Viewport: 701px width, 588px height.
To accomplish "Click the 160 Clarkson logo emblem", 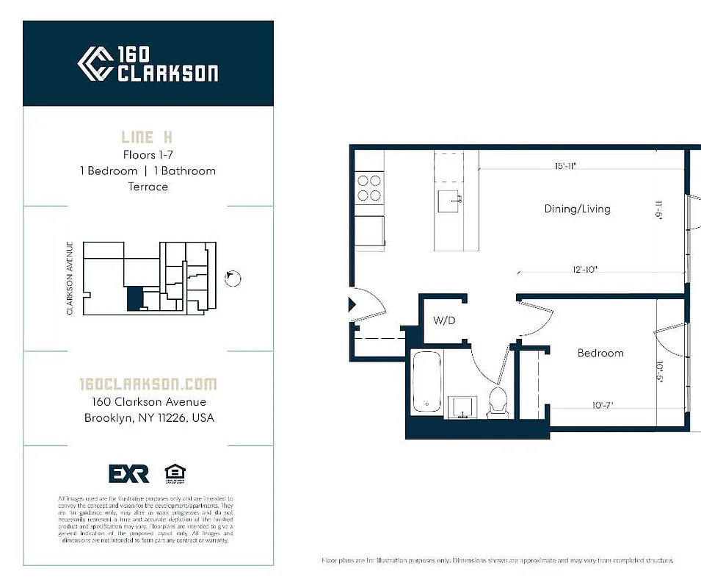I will coord(95,64).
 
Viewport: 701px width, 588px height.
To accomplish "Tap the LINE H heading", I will coord(148,137).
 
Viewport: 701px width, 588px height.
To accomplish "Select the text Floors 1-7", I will coord(148,154).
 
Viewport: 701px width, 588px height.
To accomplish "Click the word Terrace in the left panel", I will coord(148,187).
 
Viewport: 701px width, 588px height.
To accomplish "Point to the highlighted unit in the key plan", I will coord(134,298).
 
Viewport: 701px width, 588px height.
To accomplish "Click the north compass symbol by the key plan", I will coord(233,278).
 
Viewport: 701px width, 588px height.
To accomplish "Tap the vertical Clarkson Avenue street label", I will coord(70,279).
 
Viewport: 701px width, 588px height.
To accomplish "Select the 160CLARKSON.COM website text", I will coord(148,384).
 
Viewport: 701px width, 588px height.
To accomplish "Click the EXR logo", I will coord(128,474).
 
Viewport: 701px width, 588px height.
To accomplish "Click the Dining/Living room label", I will coord(577,209).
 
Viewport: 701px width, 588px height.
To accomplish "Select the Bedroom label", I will coord(600,353).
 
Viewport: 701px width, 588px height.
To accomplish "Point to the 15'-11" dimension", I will coord(565,166).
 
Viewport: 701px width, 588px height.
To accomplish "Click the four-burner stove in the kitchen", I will coord(368,187).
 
